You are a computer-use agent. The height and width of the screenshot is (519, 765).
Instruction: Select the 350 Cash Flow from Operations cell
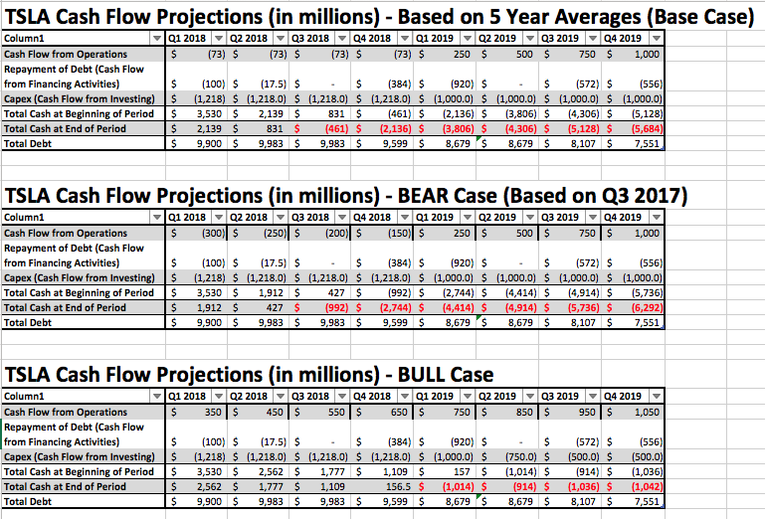point(209,412)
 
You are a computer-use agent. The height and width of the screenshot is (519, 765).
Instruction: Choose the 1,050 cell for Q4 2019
point(646,412)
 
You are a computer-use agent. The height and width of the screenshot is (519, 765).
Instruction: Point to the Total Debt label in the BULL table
point(30,501)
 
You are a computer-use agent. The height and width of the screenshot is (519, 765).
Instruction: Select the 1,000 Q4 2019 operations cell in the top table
point(646,54)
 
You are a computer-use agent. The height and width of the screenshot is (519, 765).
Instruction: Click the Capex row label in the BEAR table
point(80,277)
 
